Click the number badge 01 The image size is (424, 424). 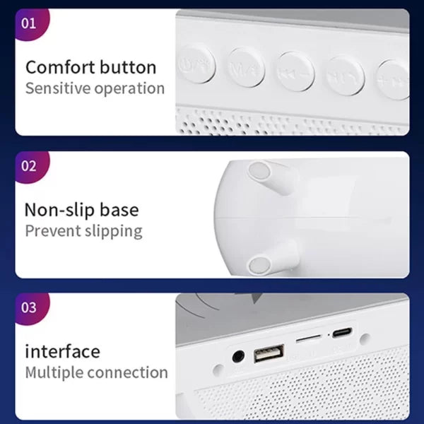point(29,23)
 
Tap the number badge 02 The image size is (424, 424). point(29,166)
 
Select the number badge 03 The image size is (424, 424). point(29,308)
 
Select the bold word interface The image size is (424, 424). point(62,351)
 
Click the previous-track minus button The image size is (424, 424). point(295,72)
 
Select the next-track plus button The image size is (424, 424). point(393,78)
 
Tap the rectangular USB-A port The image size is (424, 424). point(269,353)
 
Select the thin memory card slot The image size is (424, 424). point(307,340)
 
